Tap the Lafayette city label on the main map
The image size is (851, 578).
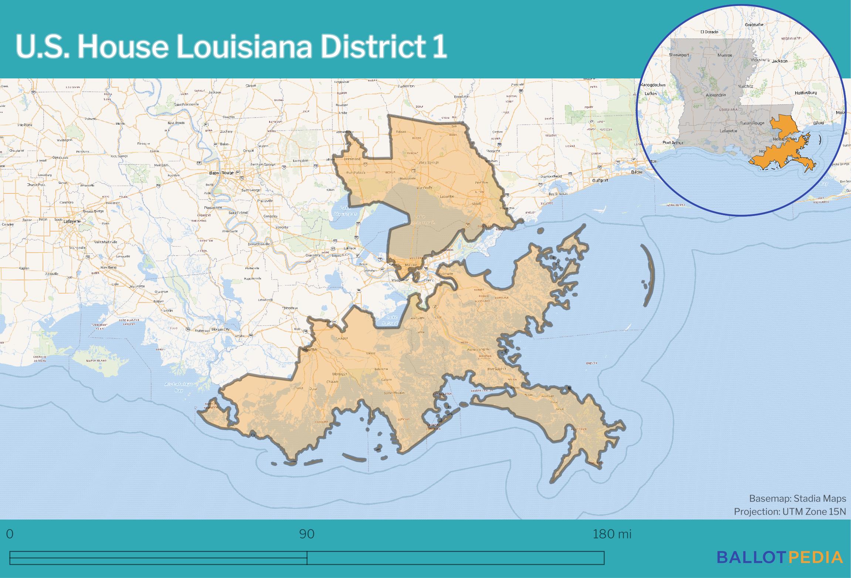(x=72, y=221)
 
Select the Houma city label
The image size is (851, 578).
(x=310, y=349)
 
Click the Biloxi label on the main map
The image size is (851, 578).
(x=636, y=172)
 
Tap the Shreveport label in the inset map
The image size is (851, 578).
(x=679, y=55)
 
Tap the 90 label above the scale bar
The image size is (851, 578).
(x=307, y=534)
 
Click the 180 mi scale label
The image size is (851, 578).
(x=612, y=534)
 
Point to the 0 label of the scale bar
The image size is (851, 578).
(x=10, y=534)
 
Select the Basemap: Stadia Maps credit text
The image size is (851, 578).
(x=797, y=498)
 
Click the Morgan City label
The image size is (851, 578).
(x=220, y=329)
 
